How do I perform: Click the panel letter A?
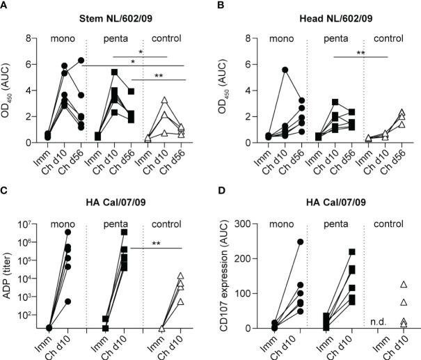5,6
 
